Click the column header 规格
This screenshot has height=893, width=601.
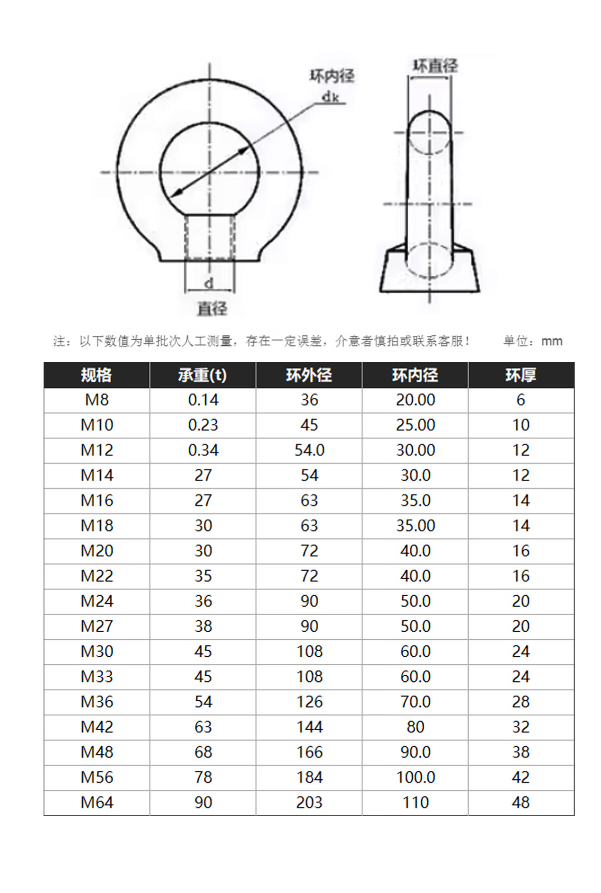pyautogui.click(x=97, y=375)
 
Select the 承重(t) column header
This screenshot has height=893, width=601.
pyautogui.click(x=202, y=375)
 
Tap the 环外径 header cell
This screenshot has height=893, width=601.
pyautogui.click(x=309, y=375)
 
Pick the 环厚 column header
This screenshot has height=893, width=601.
pyautogui.click(x=521, y=375)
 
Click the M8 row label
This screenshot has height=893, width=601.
pyautogui.click(x=97, y=400)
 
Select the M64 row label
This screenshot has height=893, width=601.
pyautogui.click(x=97, y=802)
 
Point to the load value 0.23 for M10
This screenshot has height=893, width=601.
pyautogui.click(x=203, y=425)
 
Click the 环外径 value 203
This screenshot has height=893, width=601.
pyautogui.click(x=309, y=802)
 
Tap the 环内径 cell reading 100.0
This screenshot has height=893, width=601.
pyautogui.click(x=416, y=777)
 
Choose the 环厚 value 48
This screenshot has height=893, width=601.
pyautogui.click(x=521, y=802)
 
